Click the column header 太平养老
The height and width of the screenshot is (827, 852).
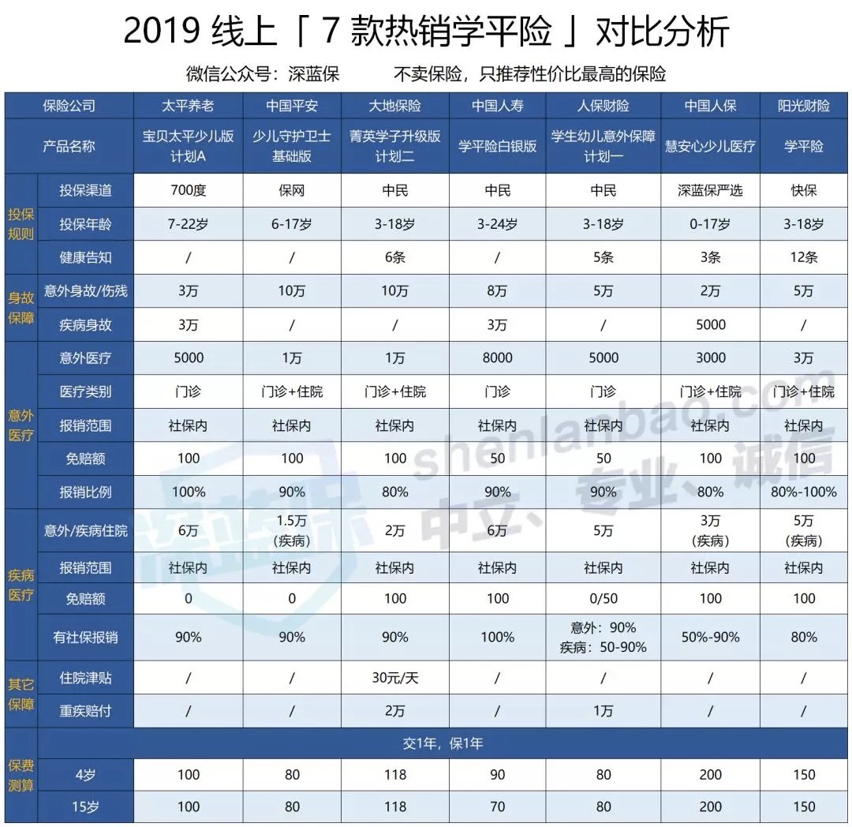(x=189, y=106)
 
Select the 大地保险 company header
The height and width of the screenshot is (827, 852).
(x=395, y=106)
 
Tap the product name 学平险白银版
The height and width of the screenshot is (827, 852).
(x=498, y=146)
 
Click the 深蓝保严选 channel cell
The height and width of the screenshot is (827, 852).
(x=710, y=190)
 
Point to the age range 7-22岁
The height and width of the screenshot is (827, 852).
(x=189, y=224)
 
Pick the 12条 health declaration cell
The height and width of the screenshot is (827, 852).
(x=804, y=257)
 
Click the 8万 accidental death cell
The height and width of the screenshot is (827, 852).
(x=498, y=291)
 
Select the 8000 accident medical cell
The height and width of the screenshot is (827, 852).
(x=498, y=357)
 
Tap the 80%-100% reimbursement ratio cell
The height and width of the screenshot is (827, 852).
(x=804, y=492)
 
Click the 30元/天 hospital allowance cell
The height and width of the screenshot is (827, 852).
(x=395, y=678)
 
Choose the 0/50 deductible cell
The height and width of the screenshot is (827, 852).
(x=603, y=599)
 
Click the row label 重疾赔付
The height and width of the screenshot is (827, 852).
(x=86, y=711)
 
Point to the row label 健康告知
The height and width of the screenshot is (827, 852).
(x=86, y=257)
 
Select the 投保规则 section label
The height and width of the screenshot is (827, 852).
(x=21, y=224)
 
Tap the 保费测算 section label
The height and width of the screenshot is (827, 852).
(x=21, y=776)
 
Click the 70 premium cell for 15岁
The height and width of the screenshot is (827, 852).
(x=498, y=807)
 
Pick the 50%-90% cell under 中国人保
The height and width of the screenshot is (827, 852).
(x=710, y=637)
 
